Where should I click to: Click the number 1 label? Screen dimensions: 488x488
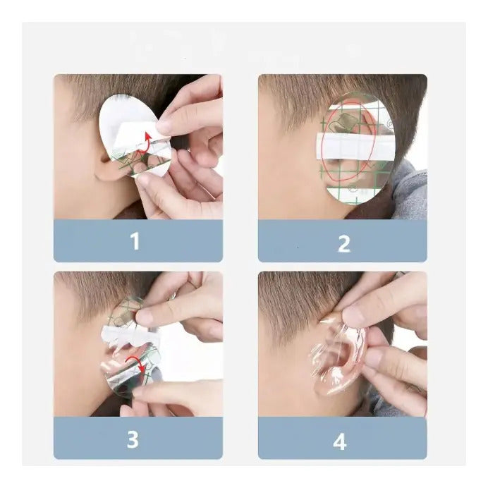pos(135,241)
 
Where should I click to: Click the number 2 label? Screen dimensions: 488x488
pos(344,244)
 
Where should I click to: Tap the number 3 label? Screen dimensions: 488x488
pos(133,439)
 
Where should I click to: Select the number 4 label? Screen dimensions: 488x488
pos(340,441)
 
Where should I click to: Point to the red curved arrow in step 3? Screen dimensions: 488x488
pos(137,362)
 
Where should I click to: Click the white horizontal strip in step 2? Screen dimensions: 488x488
pos(355,145)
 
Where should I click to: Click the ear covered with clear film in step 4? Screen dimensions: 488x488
pos(339,361)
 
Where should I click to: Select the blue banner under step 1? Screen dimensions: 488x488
pos(138,240)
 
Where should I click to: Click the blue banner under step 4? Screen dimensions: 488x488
pos(342,438)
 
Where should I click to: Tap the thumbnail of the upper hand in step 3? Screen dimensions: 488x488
pos(144,317)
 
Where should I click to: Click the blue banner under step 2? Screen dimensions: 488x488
pos(342,240)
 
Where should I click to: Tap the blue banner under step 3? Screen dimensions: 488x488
pos(138,438)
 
